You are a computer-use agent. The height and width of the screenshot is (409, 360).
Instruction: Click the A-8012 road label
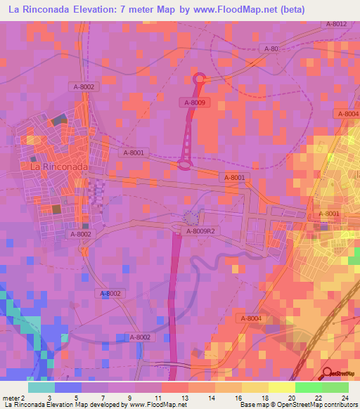pyautogui.click(x=336, y=24)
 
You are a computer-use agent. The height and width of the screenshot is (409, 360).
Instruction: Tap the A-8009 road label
pyautogui.click(x=195, y=103)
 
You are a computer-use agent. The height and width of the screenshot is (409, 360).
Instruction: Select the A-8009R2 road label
pyautogui.click(x=200, y=231)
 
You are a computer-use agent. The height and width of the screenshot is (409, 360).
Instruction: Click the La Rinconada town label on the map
pyautogui.click(x=58, y=167)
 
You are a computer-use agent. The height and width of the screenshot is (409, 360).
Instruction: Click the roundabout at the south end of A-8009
pyautogui.click(x=185, y=165)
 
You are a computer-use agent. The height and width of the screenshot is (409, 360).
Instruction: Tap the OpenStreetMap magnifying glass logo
pyautogui.click(x=327, y=373)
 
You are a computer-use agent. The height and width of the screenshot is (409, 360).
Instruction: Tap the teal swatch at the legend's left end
pyautogui.click(x=41, y=387)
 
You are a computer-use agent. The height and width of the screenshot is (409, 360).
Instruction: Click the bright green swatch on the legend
pyautogui.click(x=308, y=387)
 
